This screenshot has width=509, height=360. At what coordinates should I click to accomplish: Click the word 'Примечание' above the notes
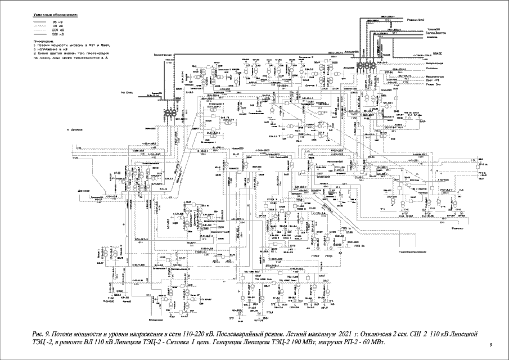[46, 41]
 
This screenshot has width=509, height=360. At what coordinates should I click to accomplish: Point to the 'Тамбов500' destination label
[433, 28]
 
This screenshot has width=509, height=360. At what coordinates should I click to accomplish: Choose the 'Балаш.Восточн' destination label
[437, 33]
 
